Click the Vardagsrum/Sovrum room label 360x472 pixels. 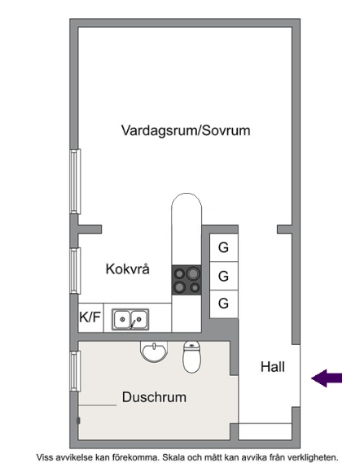point(186,131)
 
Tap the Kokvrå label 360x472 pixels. point(127,269)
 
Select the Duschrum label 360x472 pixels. point(154,397)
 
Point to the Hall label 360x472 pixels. point(272,367)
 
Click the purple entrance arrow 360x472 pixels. point(327,378)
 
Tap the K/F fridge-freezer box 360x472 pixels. point(90,317)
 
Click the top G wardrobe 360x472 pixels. point(224,247)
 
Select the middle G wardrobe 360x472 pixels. point(224,276)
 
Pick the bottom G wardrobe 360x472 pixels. point(224,304)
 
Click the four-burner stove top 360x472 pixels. point(187,280)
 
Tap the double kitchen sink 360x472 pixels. point(130,319)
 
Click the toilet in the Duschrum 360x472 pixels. point(191,356)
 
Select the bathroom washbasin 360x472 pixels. point(154,352)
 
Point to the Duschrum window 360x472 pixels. point(75,371)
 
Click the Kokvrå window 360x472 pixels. point(75,270)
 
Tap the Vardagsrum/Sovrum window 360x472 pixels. point(75,181)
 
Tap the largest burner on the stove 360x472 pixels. point(193,274)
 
